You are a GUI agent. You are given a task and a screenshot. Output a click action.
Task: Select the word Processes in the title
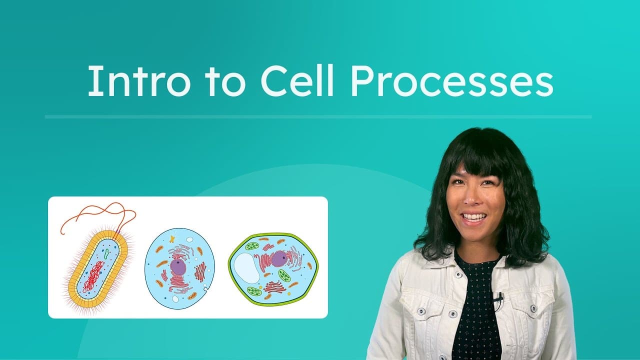tap(451, 81)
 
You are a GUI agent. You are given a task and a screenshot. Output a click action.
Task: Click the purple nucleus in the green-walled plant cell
tap(279, 258)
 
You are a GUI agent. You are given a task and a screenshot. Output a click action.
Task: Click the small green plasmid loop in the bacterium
tap(106, 253)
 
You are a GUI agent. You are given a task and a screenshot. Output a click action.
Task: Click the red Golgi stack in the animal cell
tap(200, 271)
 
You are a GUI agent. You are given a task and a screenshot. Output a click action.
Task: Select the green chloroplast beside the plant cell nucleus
tap(284, 275)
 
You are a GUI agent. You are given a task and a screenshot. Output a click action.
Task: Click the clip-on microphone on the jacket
tap(498, 298)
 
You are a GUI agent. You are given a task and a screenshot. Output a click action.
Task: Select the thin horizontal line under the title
tap(318, 117)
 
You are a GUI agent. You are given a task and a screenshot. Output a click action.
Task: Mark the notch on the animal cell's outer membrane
tap(206, 289)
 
